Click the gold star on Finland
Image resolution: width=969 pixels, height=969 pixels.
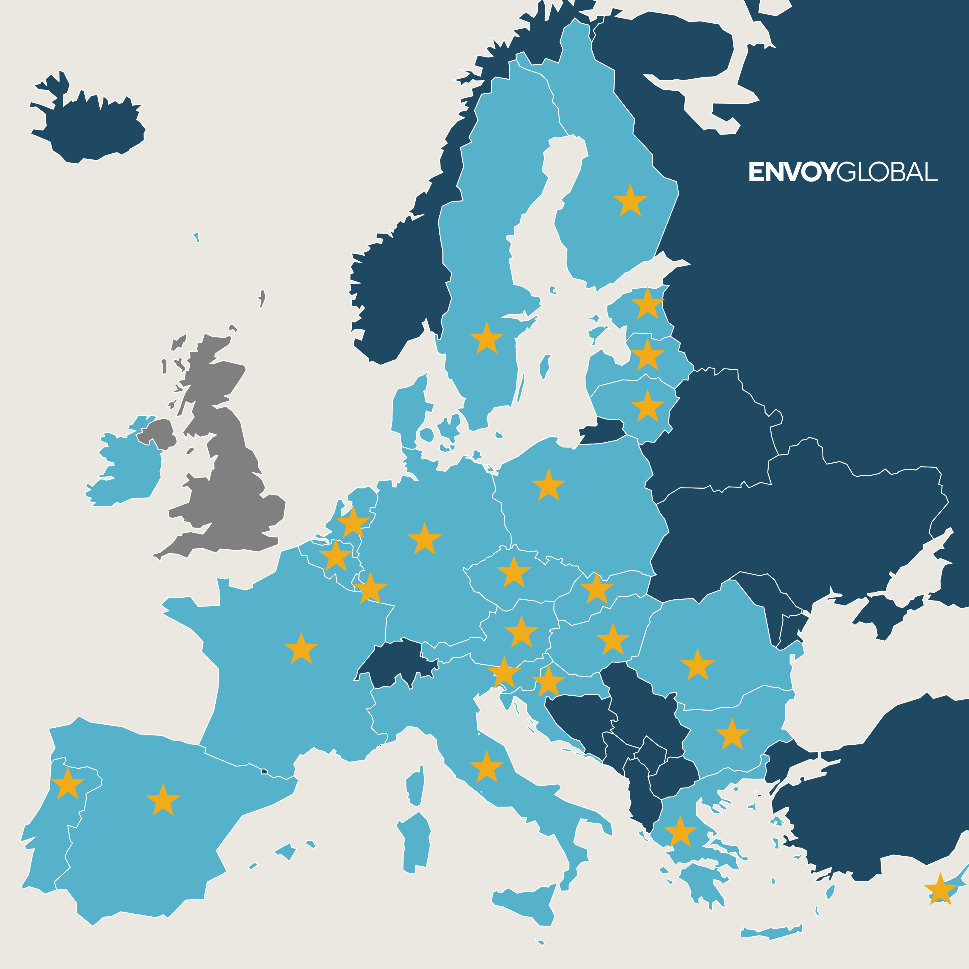point(630,201)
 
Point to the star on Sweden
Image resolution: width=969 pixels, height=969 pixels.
point(487,339)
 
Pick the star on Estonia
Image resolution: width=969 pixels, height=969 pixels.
point(647,304)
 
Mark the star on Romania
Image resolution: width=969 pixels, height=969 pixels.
point(697,665)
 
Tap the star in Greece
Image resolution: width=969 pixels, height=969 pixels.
point(680,833)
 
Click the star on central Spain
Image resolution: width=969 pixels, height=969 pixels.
point(162,801)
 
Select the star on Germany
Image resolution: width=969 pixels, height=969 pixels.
point(424,539)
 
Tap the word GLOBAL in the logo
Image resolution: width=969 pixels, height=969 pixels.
point(887,172)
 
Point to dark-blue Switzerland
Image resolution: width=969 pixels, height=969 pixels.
point(396,661)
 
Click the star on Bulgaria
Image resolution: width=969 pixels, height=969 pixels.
point(732,735)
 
